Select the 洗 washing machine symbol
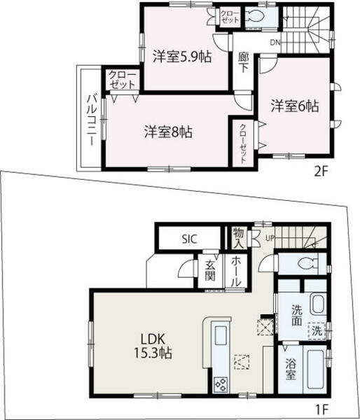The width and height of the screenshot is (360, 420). point(317,332)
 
